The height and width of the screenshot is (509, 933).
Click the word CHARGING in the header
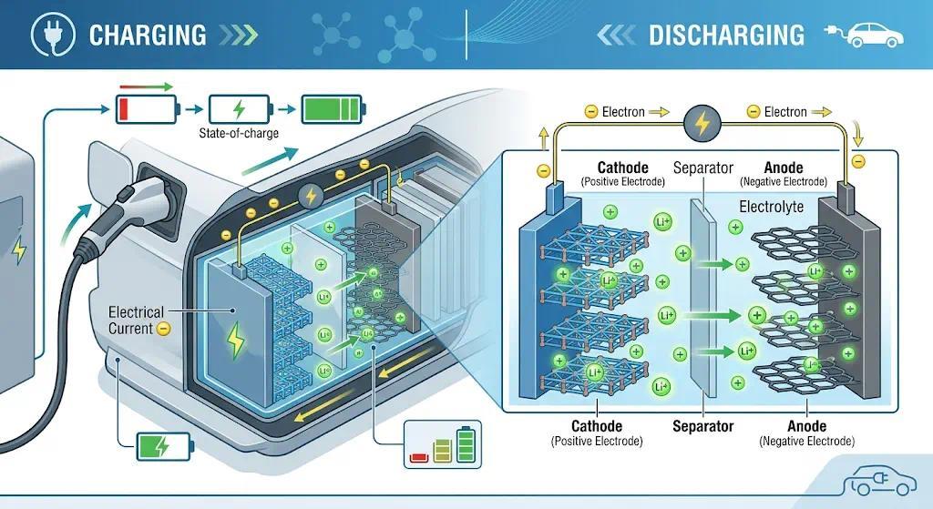click(148, 36)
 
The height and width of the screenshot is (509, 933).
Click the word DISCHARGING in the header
click(726, 36)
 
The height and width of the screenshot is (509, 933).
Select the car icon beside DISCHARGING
click(864, 36)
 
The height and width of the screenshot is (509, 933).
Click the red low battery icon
click(147, 109)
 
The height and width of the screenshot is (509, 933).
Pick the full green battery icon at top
click(333, 109)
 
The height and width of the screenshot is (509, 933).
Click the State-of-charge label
click(239, 133)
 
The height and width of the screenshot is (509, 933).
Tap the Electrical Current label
click(136, 321)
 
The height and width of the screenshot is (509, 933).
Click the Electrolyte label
click(771, 207)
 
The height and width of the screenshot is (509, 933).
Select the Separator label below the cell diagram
click(702, 426)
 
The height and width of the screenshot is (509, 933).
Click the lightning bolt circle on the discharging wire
click(702, 123)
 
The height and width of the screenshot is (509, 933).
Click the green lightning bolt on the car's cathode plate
click(236, 340)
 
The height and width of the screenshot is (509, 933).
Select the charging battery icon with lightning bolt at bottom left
click(165, 446)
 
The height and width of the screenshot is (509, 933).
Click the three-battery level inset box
click(443, 444)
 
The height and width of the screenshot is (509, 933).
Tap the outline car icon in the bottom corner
click(881, 481)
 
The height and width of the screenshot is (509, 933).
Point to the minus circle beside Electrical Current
click(164, 329)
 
